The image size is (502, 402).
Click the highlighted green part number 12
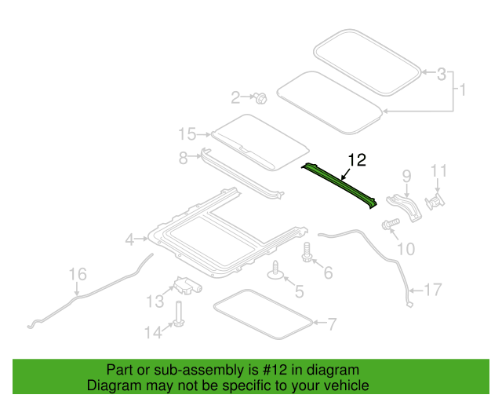[340, 185]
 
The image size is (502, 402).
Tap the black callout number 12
[357, 160]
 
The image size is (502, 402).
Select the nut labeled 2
[260, 98]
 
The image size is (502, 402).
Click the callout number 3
[442, 74]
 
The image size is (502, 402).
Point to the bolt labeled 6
[307, 252]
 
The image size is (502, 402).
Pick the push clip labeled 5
[275, 270]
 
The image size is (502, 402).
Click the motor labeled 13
[187, 285]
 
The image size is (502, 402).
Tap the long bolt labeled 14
[178, 315]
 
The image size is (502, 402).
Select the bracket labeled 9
[405, 208]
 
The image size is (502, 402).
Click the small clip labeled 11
[435, 202]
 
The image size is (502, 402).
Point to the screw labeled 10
[391, 224]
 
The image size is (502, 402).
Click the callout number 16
[78, 274]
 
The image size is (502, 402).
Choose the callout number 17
[433, 290]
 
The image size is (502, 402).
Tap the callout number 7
[332, 324]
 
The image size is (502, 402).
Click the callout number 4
[129, 239]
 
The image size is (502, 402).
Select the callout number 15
[187, 134]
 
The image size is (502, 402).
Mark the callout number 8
[183, 158]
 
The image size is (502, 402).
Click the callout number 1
[463, 90]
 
